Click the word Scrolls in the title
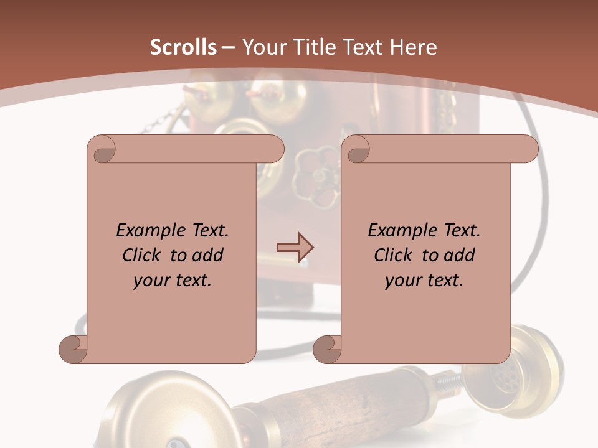[x=183, y=47]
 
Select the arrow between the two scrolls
[x=295, y=247]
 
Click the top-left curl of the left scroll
[x=102, y=149]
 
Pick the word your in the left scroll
[x=151, y=281]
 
